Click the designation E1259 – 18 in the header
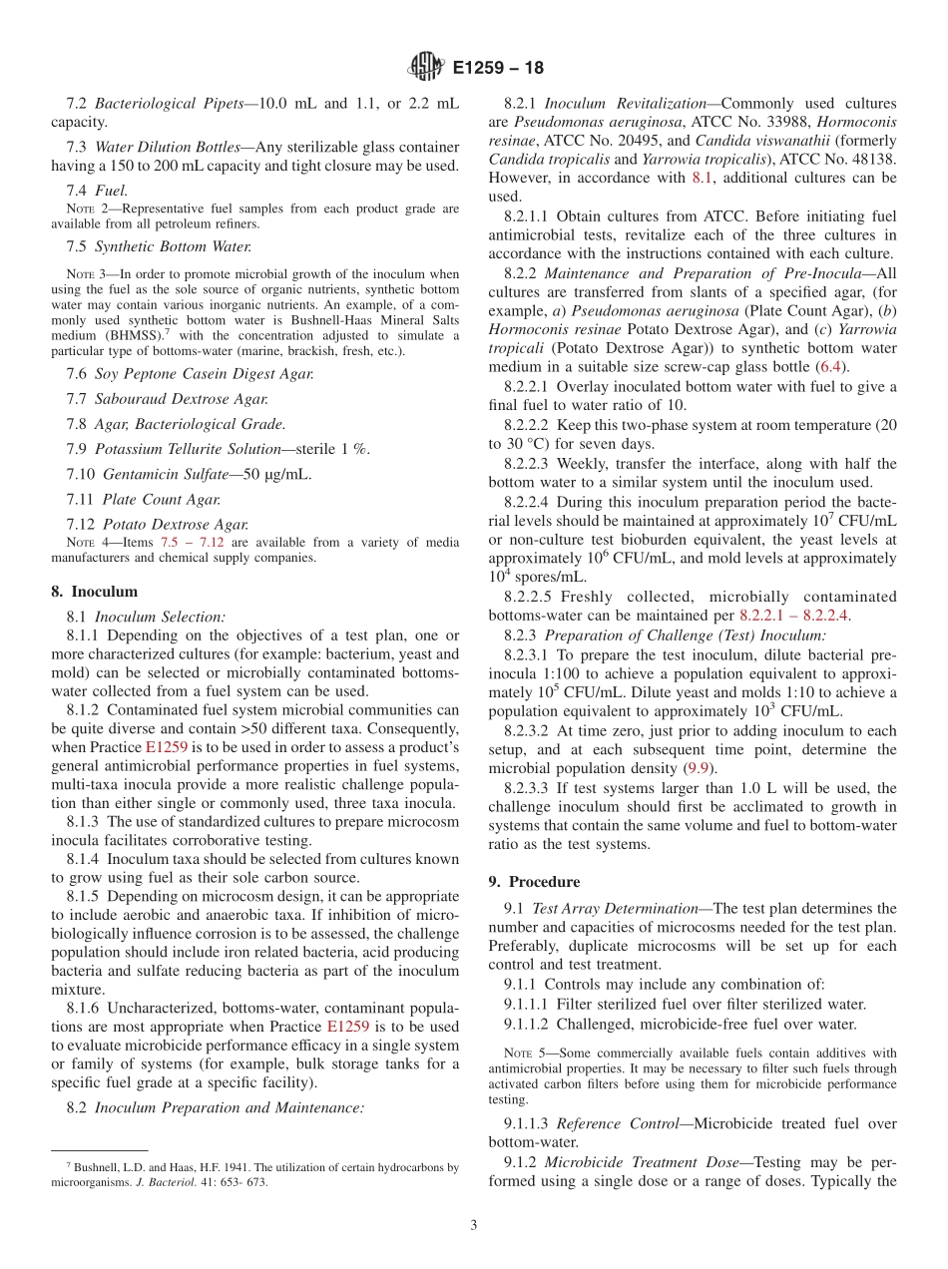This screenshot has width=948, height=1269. (498, 69)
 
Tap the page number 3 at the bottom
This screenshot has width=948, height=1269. (474, 1225)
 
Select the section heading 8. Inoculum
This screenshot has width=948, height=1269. (95, 592)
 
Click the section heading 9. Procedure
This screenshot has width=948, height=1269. (534, 882)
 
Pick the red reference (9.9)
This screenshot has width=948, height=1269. (698, 768)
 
